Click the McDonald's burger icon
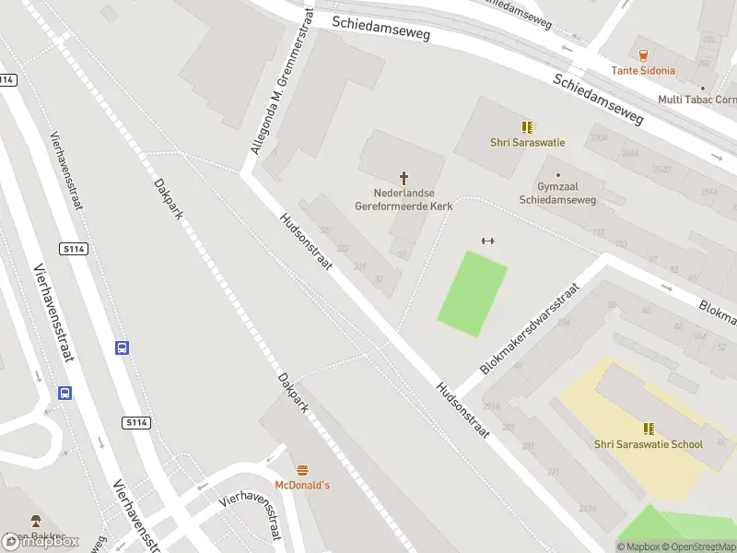(x=301, y=469)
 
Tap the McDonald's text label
(x=302, y=485)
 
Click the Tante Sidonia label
(x=643, y=70)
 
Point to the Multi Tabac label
(x=696, y=100)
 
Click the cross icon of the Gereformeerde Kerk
(x=404, y=177)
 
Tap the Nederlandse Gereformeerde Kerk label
(x=404, y=200)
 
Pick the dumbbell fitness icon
(x=488, y=241)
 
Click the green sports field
(x=473, y=293)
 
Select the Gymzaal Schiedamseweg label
(x=557, y=194)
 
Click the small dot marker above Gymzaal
(x=557, y=174)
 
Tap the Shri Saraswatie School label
(x=649, y=444)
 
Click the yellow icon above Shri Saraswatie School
(x=649, y=429)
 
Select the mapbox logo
(x=41, y=541)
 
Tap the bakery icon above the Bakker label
(x=36, y=521)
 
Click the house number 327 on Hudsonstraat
(x=324, y=230)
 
